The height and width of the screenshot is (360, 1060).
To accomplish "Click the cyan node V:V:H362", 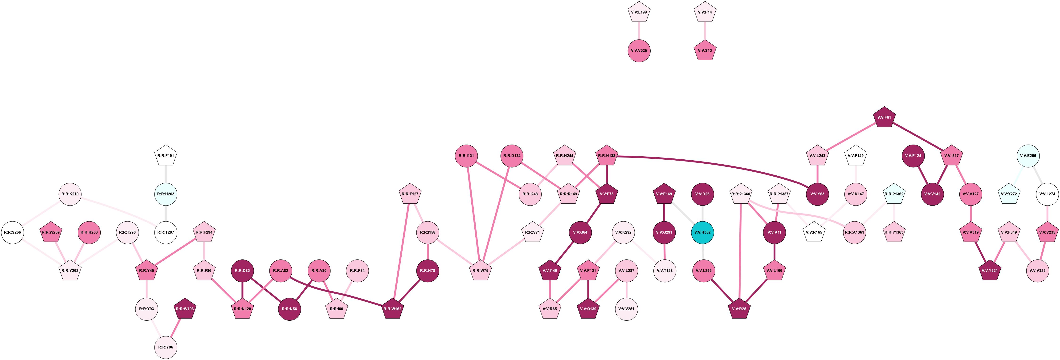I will (702, 232).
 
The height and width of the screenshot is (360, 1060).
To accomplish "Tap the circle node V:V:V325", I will (639, 51).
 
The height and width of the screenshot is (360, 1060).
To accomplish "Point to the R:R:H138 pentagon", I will (607, 156).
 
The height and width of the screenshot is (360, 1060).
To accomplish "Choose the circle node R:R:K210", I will (70, 194).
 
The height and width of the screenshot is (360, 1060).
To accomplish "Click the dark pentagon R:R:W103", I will (185, 309).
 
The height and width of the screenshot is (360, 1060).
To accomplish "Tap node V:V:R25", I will (739, 309).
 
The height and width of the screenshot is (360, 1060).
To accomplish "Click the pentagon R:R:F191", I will (166, 156).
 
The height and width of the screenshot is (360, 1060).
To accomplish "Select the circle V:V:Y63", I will (817, 194).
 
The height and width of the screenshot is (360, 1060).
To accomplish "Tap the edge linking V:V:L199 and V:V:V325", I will (639, 31).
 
